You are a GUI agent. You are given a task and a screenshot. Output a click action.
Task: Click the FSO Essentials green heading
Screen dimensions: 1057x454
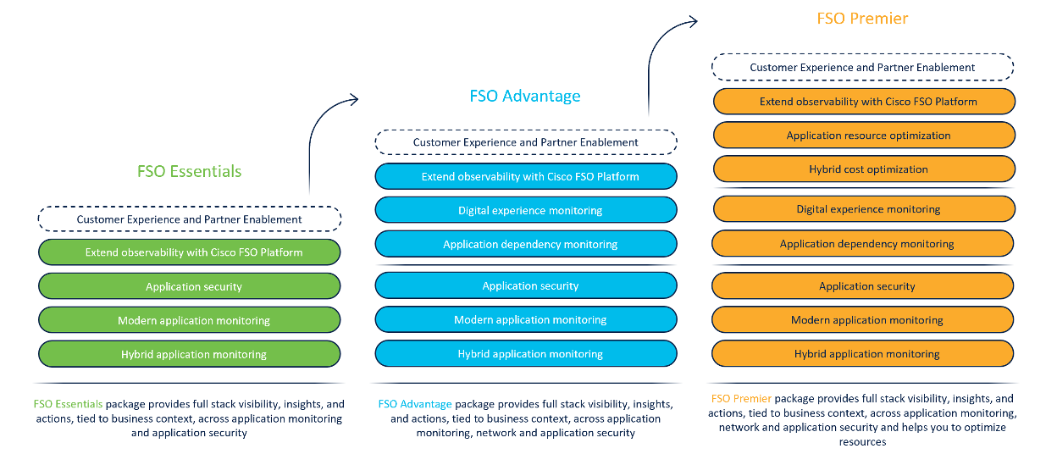point(189,171)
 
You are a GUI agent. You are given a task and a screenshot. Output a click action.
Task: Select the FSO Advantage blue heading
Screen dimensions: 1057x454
point(525,96)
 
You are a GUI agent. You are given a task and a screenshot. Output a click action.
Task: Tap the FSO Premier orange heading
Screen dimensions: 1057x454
point(862,19)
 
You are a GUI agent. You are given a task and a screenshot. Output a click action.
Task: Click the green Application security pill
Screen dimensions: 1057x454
point(189,286)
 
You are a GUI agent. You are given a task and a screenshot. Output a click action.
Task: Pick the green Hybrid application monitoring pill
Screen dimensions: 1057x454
point(189,354)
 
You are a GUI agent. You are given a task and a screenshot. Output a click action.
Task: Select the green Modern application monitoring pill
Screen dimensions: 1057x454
point(189,320)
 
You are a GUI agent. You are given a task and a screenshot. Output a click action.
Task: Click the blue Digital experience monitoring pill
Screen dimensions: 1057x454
point(526,210)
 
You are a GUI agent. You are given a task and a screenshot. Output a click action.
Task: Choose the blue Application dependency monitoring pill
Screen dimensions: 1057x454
point(526,244)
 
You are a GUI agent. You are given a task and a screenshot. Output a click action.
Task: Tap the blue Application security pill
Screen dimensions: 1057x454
point(526,285)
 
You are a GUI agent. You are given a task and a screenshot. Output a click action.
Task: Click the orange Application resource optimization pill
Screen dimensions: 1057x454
point(864,135)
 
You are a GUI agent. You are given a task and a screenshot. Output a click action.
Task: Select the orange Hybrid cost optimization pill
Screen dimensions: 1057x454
point(864,169)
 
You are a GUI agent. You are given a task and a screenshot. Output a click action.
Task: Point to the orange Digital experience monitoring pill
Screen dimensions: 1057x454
point(864,208)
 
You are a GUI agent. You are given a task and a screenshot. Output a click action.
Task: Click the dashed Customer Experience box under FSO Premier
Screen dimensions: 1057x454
point(862,67)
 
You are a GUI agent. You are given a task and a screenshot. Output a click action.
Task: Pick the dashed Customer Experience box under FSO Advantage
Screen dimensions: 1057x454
point(526,142)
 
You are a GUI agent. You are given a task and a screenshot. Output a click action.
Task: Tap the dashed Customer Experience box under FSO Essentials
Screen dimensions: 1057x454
point(189,219)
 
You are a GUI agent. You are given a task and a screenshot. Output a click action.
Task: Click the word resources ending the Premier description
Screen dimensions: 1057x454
point(862,442)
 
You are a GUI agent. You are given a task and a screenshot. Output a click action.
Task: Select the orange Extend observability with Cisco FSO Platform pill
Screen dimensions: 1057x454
point(864,102)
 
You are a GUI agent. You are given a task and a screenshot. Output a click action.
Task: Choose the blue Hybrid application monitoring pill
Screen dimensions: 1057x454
point(526,353)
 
